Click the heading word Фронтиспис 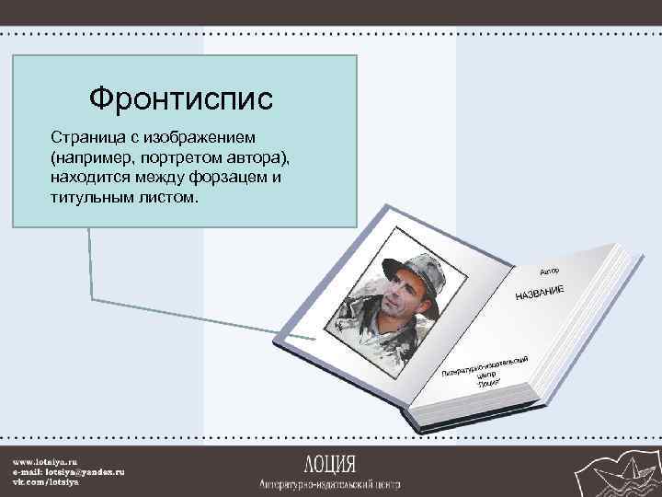click(181, 98)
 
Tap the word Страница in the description click(85, 137)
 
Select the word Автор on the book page click(549, 272)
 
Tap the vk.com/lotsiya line click(45, 481)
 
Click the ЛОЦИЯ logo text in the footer click(330, 462)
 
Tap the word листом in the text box click(165, 198)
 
